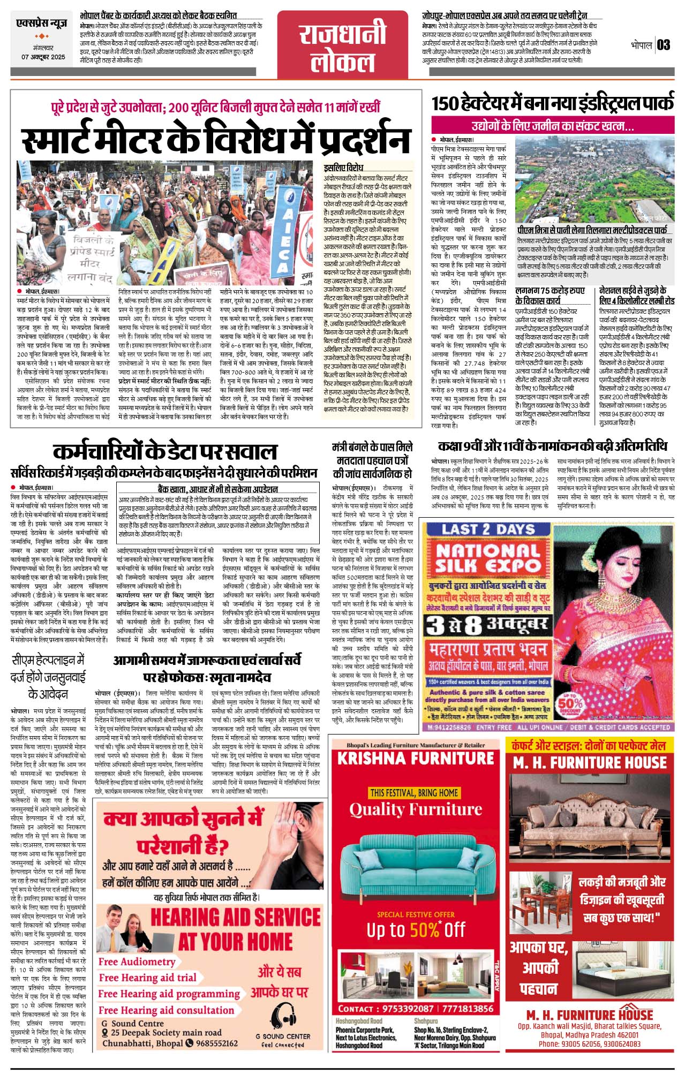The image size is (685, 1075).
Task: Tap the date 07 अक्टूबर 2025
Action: pos(43,57)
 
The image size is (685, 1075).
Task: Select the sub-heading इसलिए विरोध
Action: pos(343,168)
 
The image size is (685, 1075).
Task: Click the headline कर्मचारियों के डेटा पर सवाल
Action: pos(165,451)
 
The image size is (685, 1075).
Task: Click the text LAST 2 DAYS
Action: pos(488,529)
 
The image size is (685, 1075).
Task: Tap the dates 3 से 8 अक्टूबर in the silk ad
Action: pos(487,624)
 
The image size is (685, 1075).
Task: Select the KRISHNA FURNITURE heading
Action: pos(416,759)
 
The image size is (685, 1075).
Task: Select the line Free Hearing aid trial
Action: pos(147,978)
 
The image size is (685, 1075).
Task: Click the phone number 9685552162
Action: pos(217,1043)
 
